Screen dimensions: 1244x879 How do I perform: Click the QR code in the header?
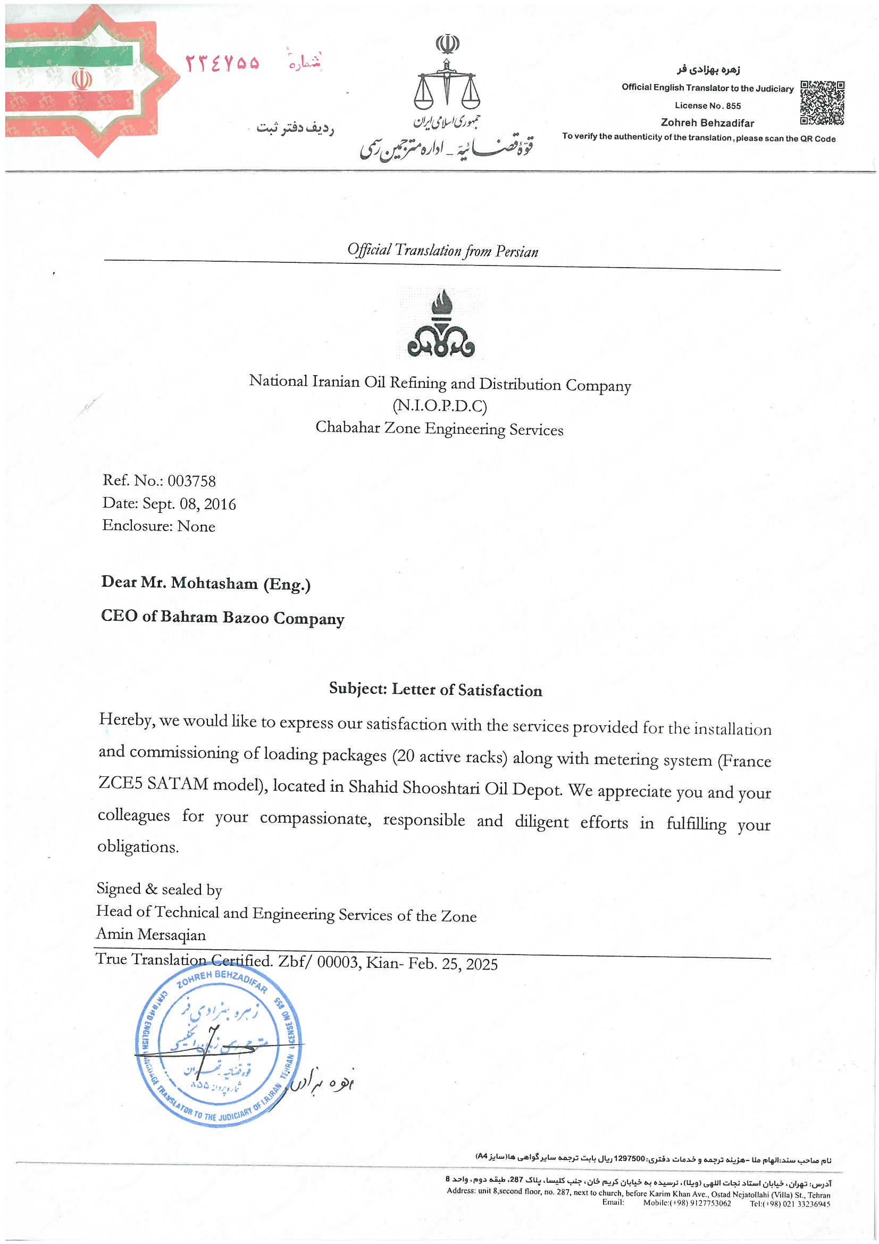pyautogui.click(x=822, y=102)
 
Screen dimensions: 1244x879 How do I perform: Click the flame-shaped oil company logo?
pyautogui.click(x=441, y=324)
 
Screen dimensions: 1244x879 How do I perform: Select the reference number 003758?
pyautogui.click(x=191, y=481)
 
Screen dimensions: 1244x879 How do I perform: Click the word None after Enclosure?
pyautogui.click(x=196, y=527)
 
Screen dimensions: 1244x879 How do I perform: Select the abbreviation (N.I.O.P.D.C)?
pyautogui.click(x=439, y=406)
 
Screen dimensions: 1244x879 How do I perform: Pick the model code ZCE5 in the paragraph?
pyautogui.click(x=119, y=783)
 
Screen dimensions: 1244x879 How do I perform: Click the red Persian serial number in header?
pyautogui.click(x=222, y=64)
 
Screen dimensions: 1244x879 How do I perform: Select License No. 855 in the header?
pyautogui.click(x=707, y=106)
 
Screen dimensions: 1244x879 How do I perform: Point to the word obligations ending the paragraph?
pyautogui.click(x=138, y=847)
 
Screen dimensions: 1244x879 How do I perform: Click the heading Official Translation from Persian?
pyautogui.click(x=442, y=250)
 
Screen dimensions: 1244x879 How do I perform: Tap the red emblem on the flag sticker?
pyautogui.click(x=82, y=80)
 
